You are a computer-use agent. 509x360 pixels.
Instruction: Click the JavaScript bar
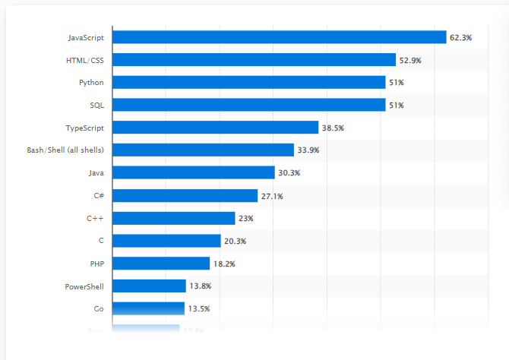279,37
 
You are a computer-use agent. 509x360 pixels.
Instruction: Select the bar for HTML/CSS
254,60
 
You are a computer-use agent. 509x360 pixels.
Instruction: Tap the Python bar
248,82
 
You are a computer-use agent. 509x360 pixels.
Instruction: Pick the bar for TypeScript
215,128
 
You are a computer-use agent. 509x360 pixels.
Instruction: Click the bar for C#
185,196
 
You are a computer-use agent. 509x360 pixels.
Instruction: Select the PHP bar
161,264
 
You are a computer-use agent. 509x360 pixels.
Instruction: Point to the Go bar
148,308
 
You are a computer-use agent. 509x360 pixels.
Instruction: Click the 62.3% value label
461,37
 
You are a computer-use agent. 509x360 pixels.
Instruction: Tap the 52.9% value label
411,60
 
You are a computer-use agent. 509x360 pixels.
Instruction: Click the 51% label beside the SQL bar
397,105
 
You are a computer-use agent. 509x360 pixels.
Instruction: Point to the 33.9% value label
308,150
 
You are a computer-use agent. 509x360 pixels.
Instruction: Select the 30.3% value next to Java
289,173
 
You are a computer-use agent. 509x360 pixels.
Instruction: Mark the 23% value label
245,218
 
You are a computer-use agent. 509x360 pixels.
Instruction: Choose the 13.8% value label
201,286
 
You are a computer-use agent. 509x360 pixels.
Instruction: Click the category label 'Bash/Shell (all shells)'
65,150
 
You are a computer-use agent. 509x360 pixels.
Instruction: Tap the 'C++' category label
95,218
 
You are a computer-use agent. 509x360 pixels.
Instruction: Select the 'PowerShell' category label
84,286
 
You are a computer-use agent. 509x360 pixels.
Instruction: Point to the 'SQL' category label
96,105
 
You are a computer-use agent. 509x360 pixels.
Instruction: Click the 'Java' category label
96,173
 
